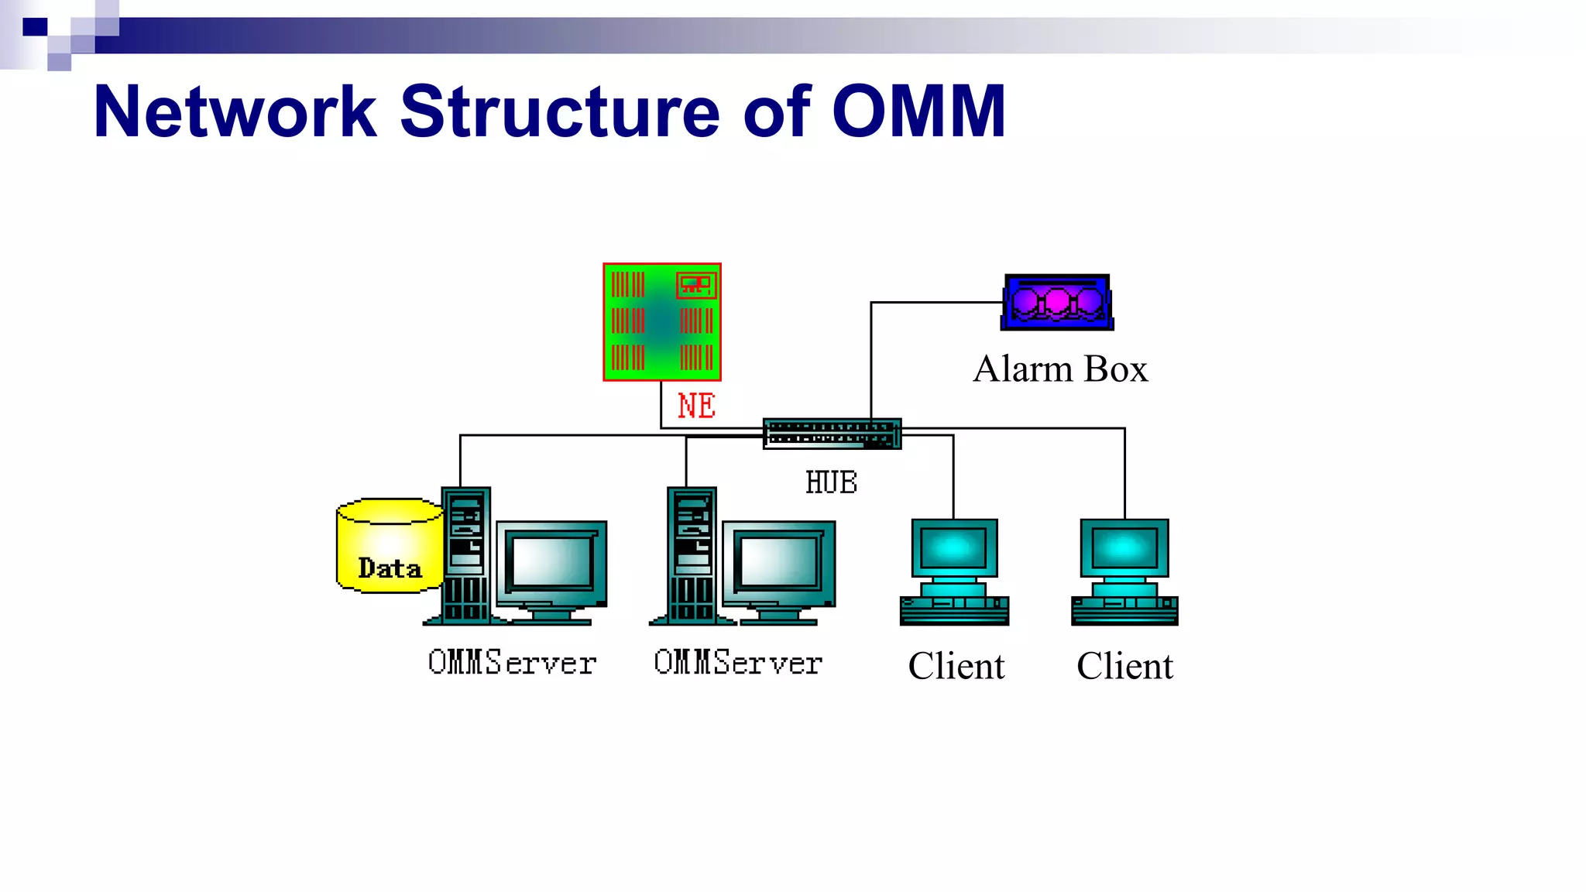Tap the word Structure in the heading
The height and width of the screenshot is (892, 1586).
coord(561,112)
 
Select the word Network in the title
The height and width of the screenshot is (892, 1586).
coord(235,112)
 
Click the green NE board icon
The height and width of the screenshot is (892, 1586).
coord(662,321)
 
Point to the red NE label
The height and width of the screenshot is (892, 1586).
coord(696,406)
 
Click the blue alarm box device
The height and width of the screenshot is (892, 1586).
coord(1057,303)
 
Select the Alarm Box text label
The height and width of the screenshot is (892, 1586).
coord(1060,369)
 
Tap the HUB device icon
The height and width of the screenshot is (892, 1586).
coord(832,434)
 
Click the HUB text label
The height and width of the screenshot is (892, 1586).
coord(831,482)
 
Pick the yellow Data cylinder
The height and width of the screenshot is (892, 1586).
coord(390,546)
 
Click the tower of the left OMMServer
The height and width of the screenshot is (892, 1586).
coord(465,554)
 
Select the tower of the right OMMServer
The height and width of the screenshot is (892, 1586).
coord(692,554)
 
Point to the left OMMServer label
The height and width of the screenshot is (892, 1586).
coord(512,664)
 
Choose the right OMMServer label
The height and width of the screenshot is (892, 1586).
coord(738,664)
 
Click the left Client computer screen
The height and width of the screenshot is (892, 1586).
coord(954,548)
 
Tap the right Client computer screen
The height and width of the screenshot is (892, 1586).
coord(1124,548)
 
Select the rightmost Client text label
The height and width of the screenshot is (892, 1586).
coord(1124,667)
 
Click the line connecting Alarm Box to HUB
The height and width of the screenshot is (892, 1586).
coord(871,356)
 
